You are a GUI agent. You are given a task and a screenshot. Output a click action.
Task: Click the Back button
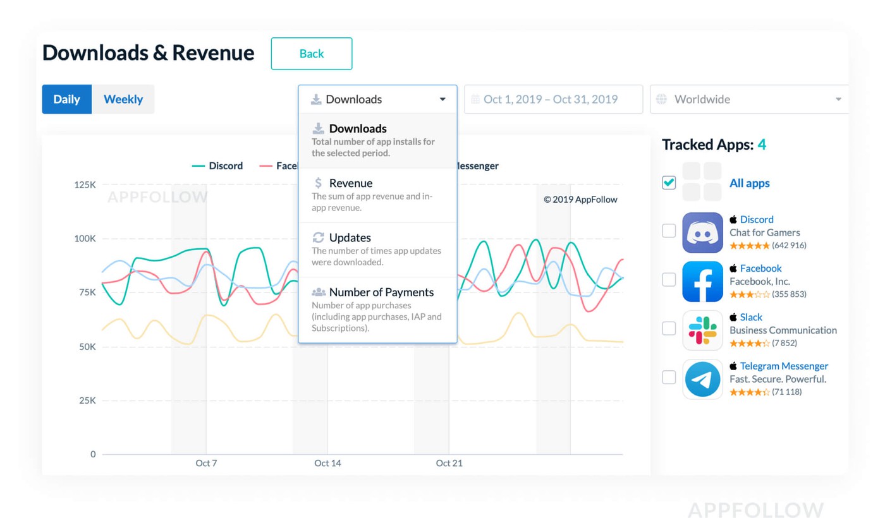point(311,54)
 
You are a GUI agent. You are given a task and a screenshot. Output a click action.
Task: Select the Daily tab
point(66,99)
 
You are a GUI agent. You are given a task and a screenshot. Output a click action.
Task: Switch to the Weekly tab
point(123,99)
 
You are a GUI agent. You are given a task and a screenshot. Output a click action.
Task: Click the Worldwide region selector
point(748,99)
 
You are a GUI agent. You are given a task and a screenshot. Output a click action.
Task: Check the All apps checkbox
point(669,183)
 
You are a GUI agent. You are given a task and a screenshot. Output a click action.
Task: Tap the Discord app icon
point(702,232)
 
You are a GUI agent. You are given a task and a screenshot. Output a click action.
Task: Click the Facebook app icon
point(702,281)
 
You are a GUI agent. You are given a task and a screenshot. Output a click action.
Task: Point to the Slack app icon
point(702,330)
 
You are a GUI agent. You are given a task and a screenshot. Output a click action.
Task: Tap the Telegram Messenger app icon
point(702,379)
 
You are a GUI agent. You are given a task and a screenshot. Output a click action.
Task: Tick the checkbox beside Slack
point(669,328)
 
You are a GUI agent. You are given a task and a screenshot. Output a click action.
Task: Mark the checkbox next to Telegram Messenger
point(669,378)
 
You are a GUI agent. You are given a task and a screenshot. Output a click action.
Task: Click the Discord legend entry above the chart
point(217,166)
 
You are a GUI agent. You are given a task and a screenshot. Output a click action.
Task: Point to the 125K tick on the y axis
point(85,185)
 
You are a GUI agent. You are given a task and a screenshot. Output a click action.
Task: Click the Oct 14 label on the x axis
point(327,463)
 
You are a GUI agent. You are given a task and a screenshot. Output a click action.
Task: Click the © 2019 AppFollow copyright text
point(580,200)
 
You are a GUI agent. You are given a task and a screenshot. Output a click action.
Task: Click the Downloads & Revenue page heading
point(148,53)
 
